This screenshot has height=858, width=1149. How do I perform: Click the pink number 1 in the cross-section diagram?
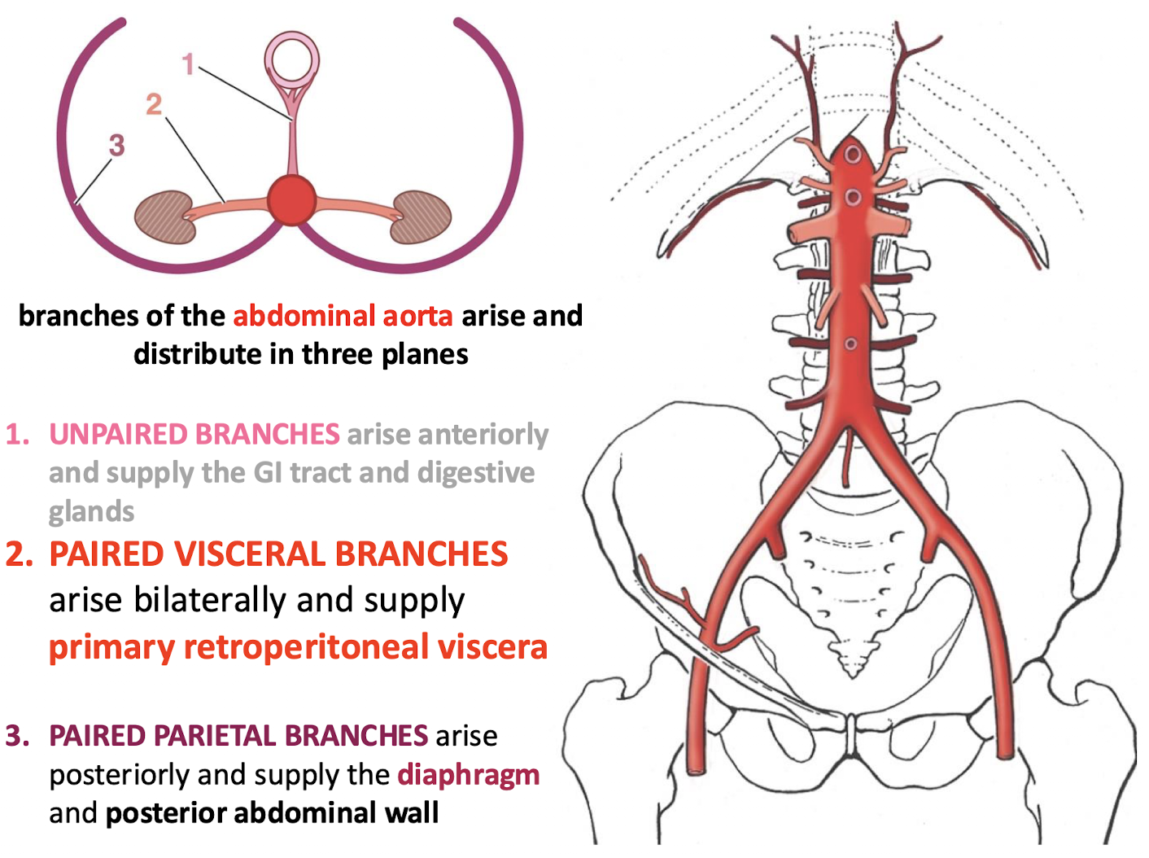click(188, 63)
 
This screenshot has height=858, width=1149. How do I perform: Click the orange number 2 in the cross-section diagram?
click(154, 104)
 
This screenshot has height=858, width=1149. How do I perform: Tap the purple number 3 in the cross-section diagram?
click(116, 145)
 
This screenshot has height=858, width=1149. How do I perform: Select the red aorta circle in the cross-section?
click(291, 199)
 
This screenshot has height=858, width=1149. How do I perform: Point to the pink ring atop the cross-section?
click(291, 60)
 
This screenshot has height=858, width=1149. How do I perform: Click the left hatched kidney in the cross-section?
click(166, 217)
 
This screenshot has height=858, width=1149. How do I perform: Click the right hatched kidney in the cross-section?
click(421, 217)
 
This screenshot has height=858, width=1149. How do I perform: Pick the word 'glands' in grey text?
click(91, 512)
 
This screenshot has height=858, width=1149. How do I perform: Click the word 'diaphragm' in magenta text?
click(468, 774)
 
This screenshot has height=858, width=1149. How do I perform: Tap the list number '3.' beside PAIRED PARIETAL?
click(18, 736)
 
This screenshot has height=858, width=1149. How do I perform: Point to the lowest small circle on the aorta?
click(850, 344)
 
